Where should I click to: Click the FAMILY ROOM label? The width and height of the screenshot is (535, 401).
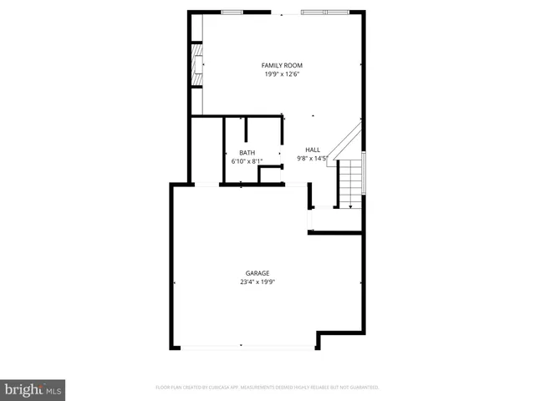(282, 65)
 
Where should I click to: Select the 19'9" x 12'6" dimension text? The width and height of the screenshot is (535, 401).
(282, 74)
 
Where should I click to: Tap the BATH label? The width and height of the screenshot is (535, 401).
(247, 153)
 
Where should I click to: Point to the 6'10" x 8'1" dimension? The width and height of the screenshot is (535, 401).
(247, 161)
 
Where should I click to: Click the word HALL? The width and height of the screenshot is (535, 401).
(313, 150)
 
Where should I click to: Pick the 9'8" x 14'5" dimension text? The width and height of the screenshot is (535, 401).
(313, 158)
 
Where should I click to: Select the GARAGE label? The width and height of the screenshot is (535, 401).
(257, 273)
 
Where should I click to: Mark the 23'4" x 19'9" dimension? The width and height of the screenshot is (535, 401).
(257, 282)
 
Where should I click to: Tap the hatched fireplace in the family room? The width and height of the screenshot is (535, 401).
(197, 63)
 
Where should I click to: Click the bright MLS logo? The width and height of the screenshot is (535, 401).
(33, 389)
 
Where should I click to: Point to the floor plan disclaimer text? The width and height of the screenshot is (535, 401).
(267, 388)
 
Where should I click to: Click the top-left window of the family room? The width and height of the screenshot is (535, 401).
(232, 12)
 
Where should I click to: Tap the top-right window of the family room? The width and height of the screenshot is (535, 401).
(326, 12)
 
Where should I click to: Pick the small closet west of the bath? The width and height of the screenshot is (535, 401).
(206, 150)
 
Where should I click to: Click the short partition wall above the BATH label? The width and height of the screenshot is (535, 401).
(246, 133)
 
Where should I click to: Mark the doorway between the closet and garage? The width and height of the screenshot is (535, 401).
(205, 184)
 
